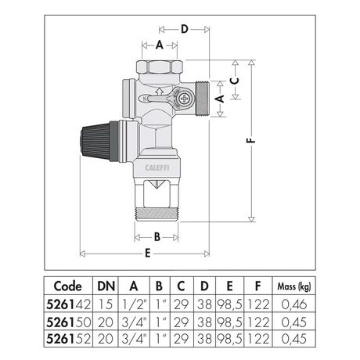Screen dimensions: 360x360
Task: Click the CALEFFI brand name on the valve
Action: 157,167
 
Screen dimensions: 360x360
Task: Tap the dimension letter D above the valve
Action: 185,29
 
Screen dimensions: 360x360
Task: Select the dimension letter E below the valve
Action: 148,253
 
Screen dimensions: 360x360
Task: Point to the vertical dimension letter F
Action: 251,140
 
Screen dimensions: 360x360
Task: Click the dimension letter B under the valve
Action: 157,237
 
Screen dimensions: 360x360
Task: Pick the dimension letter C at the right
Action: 235,81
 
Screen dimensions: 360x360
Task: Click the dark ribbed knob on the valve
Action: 95,142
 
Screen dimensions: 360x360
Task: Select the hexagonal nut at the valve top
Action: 159,67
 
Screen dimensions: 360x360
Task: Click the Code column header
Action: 68,286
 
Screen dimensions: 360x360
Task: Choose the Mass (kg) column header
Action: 294,286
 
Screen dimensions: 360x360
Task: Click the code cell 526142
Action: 68,304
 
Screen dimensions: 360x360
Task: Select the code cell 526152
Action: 68,339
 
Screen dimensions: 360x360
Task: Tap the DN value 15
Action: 106,304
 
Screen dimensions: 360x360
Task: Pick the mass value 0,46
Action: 294,304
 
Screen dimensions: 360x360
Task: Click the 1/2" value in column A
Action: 134,304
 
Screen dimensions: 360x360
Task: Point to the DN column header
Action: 106,286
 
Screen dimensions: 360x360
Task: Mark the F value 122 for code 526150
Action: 257,322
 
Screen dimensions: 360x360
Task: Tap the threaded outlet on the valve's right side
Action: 203,99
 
